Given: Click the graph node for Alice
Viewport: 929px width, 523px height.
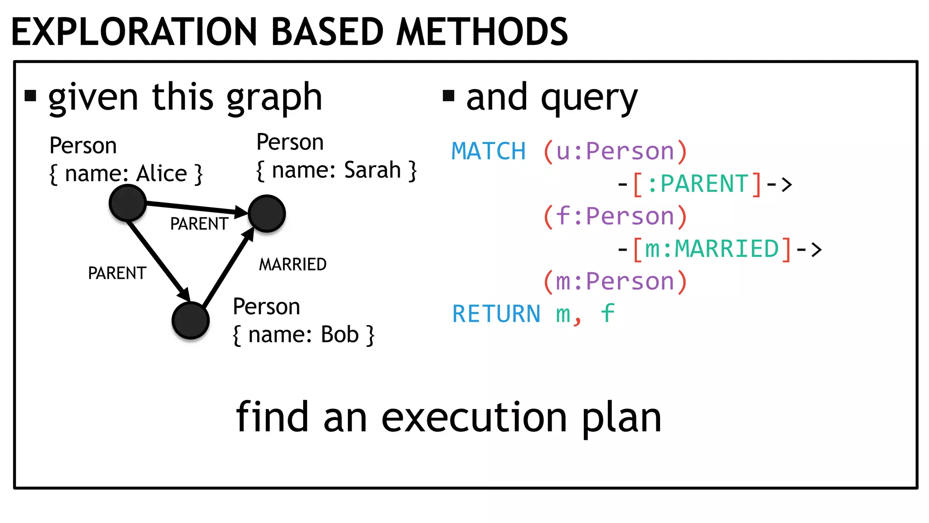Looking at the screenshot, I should tap(127, 203).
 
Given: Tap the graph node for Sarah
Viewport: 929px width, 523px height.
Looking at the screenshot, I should tap(267, 213).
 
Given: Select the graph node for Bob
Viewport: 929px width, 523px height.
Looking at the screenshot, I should tap(191, 321).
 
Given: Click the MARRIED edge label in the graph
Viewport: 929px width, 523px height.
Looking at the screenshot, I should tap(293, 264).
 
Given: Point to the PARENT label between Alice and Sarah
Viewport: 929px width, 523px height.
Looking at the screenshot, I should tap(199, 224).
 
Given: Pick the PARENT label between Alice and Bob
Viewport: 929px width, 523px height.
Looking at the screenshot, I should tap(117, 273).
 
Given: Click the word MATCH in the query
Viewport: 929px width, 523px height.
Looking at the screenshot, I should tap(489, 151).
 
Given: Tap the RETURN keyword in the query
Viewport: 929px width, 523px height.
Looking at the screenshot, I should tap(496, 314).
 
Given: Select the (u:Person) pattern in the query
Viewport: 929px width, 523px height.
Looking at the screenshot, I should tap(615, 151).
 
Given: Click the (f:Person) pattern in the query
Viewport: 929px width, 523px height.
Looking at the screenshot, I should tap(615, 216).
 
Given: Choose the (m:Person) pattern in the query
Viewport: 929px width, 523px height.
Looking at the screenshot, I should tap(615, 281).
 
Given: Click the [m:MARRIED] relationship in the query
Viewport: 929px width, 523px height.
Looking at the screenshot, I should tap(711, 249).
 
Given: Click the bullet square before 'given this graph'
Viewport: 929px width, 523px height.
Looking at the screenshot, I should tap(30, 96).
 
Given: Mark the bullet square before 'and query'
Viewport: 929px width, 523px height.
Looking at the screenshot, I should tap(448, 96).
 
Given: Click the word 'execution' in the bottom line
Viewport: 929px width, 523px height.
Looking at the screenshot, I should tap(474, 418).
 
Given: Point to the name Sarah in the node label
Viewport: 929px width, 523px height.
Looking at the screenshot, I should tap(372, 170).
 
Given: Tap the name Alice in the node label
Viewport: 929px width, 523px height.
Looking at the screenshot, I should tap(162, 173).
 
